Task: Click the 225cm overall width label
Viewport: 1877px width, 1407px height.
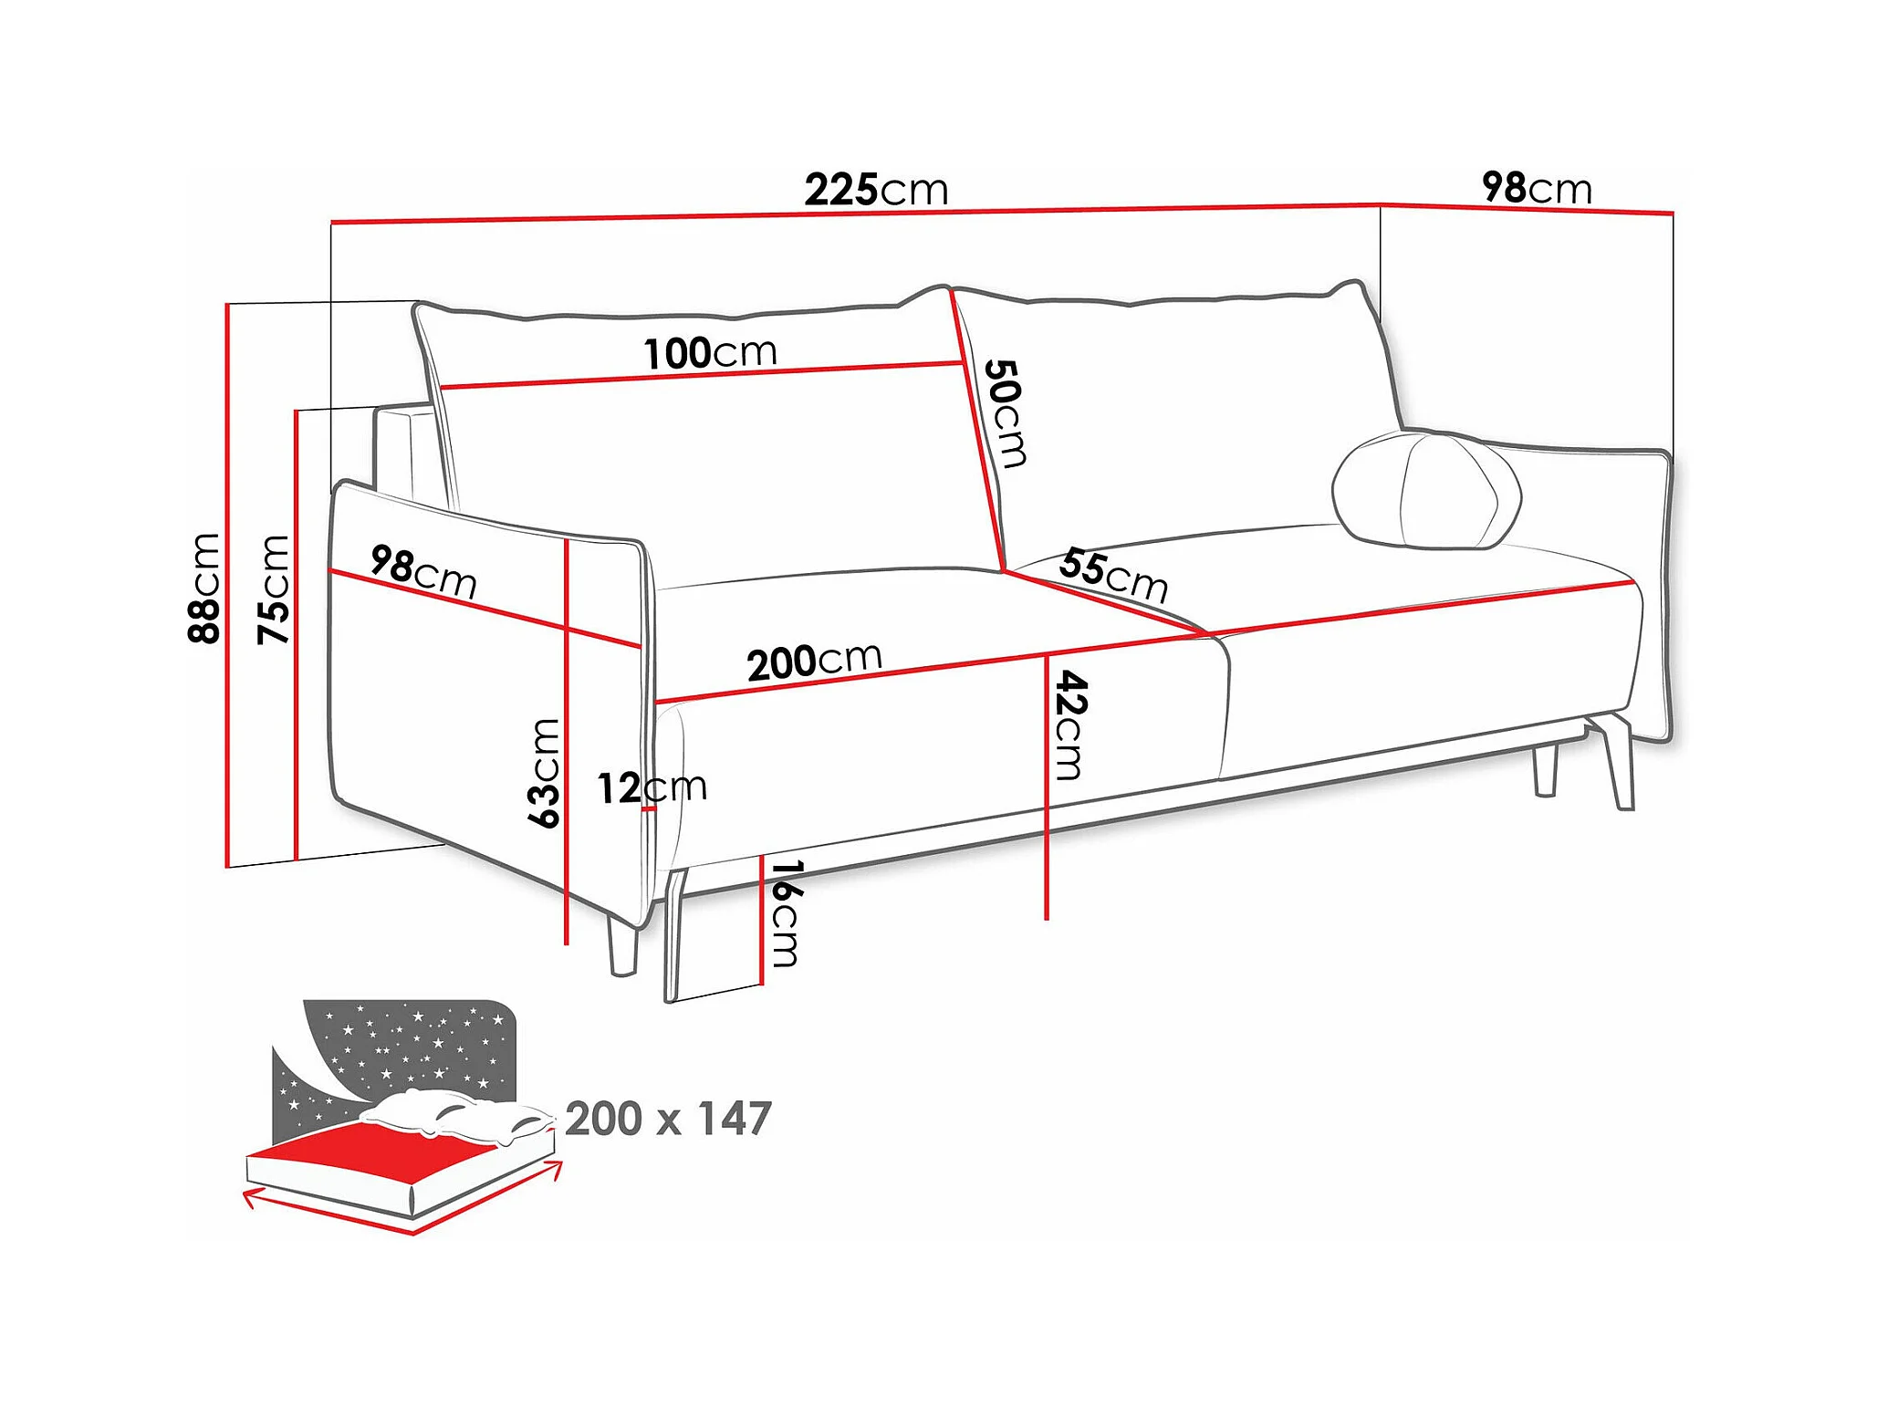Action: coord(876,190)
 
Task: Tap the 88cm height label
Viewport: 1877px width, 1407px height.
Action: coord(204,589)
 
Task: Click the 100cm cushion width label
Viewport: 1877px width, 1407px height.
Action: coord(710,353)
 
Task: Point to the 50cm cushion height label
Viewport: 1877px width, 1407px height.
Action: coord(1006,412)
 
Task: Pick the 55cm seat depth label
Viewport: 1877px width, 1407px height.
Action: coord(1113,575)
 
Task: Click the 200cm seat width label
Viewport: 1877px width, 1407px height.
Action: coord(814,661)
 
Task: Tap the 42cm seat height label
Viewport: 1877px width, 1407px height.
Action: coord(1069,725)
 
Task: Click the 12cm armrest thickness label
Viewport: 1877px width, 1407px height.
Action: coord(652,787)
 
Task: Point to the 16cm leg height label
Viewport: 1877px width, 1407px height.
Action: coord(784,913)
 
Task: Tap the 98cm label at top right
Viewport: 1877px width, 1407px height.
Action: coord(1537,188)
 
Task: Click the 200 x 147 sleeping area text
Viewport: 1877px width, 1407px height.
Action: coord(668,1119)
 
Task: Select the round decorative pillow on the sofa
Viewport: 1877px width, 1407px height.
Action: coord(1425,490)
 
